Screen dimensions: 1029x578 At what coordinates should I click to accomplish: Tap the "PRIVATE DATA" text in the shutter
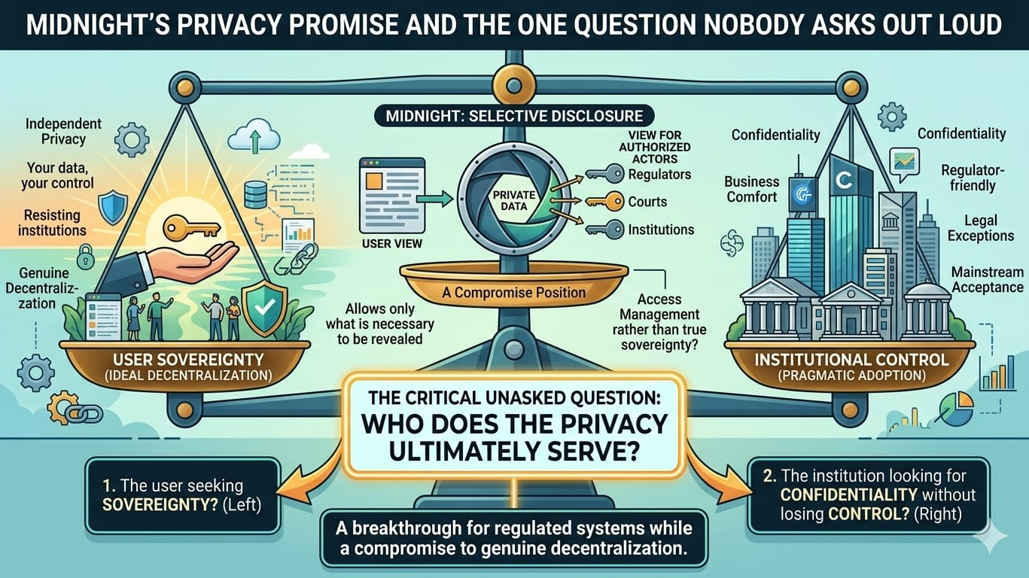pyautogui.click(x=513, y=200)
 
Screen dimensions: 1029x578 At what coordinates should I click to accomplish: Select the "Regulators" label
pyautogui.click(x=659, y=175)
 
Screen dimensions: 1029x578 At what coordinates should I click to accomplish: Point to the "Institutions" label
pyautogui.click(x=661, y=230)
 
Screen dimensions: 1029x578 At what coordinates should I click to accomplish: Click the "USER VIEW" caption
pyautogui.click(x=392, y=243)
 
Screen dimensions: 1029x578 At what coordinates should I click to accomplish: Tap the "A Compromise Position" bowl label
pyautogui.click(x=513, y=291)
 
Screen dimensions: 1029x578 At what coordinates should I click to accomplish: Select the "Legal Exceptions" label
pyautogui.click(x=980, y=227)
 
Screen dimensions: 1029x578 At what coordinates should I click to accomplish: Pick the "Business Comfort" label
pyautogui.click(x=751, y=189)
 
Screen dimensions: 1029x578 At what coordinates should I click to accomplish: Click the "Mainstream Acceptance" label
pyautogui.click(x=987, y=279)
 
